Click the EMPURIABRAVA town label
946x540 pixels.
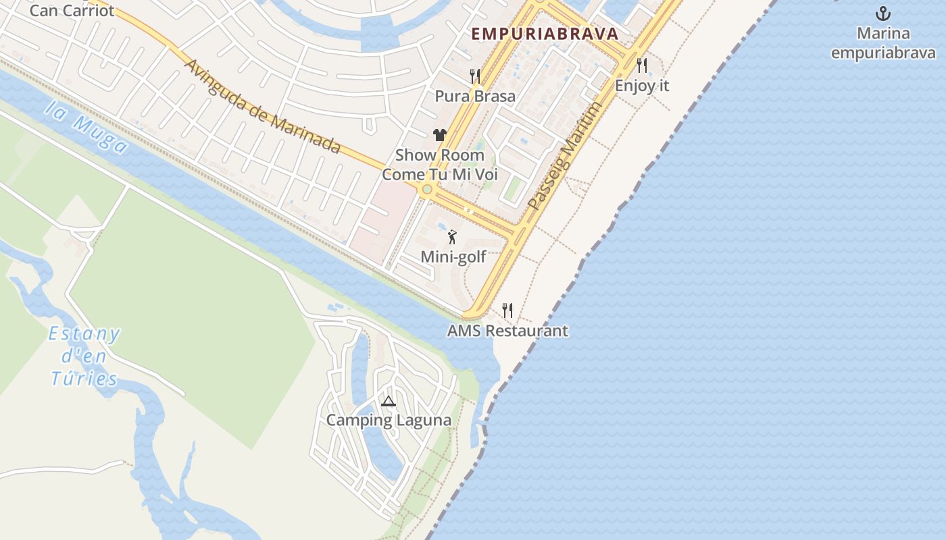point(545,34)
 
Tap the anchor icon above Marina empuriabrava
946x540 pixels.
point(883,13)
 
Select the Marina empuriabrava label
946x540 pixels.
point(883,43)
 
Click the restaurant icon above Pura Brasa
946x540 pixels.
point(475,76)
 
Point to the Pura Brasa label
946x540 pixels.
point(475,96)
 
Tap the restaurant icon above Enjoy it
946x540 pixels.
point(642,65)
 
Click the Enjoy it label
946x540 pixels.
point(642,86)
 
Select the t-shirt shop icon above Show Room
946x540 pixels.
point(440,135)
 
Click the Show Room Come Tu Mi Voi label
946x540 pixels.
point(440,165)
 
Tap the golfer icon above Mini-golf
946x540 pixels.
point(453,237)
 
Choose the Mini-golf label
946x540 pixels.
point(453,257)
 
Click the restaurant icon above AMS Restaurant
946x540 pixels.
point(507,310)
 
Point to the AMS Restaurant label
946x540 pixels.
point(507,331)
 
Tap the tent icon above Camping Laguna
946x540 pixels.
point(388,402)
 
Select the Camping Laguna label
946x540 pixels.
point(389,420)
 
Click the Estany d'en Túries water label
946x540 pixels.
point(85,356)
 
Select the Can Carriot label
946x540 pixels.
point(72,11)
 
